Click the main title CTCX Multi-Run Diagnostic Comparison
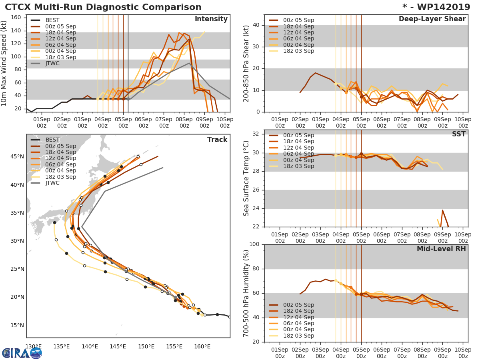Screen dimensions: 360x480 (103, 7)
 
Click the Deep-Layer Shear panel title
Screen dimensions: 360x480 (432, 19)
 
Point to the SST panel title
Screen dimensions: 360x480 (459, 134)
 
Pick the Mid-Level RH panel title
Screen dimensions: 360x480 (441, 249)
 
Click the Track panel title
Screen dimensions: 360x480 (217, 140)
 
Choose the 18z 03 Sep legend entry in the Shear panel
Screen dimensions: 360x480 (298, 51)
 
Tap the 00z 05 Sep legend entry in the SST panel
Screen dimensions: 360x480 (298, 135)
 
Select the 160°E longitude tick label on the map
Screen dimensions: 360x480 (202, 346)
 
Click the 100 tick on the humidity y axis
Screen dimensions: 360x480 (255, 244)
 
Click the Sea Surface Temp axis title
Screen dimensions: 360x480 (246, 178)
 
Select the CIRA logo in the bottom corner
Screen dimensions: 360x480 (22, 353)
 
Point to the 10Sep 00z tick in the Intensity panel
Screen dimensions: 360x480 (225, 122)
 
